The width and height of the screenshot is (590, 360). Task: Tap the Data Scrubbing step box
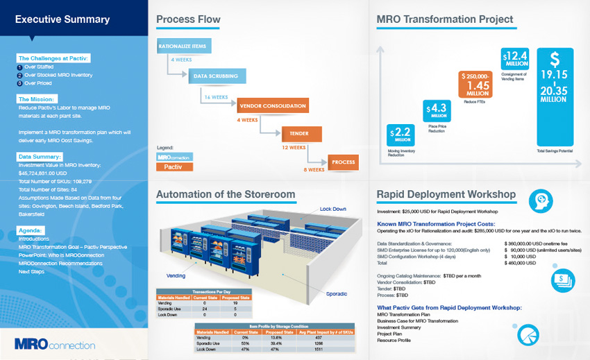point(215,76)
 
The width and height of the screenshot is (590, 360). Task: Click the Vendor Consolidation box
point(272,105)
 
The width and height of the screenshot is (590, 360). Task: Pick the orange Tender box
point(301,135)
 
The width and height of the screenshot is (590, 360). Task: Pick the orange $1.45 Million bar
point(476,84)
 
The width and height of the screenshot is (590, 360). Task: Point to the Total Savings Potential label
point(554,151)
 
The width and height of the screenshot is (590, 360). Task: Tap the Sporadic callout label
point(336,294)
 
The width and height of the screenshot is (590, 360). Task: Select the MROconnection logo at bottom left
point(54,345)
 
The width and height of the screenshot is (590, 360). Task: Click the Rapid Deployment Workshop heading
point(446,194)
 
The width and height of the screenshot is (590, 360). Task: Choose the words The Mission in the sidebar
point(37,99)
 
